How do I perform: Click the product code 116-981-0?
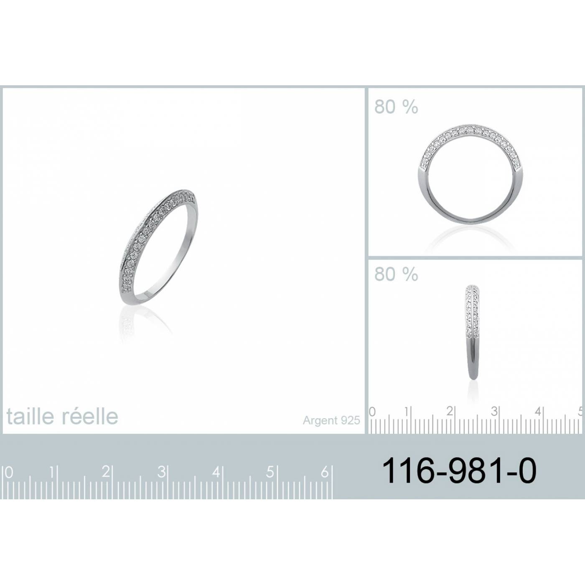click(x=459, y=471)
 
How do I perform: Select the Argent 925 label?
click(x=331, y=420)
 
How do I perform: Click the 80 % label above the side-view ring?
click(x=396, y=274)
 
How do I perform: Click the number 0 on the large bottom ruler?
click(x=9, y=473)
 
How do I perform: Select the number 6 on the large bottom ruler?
click(x=325, y=472)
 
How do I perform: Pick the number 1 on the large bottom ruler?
click(x=52, y=472)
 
